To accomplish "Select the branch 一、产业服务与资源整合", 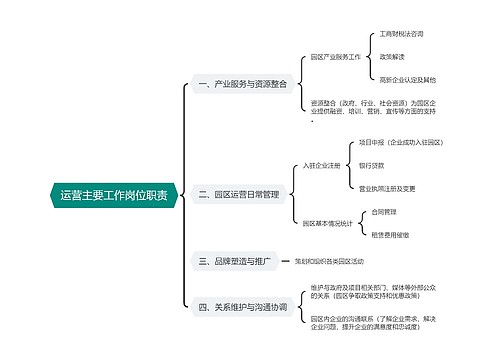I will [243, 83].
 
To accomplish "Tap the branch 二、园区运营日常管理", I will [239, 193].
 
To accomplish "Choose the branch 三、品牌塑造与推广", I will [235, 260].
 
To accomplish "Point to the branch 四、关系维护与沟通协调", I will [243, 307].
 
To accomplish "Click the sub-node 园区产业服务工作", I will [333, 57].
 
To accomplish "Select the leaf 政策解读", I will [393, 57].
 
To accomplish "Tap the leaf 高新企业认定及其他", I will [408, 78].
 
